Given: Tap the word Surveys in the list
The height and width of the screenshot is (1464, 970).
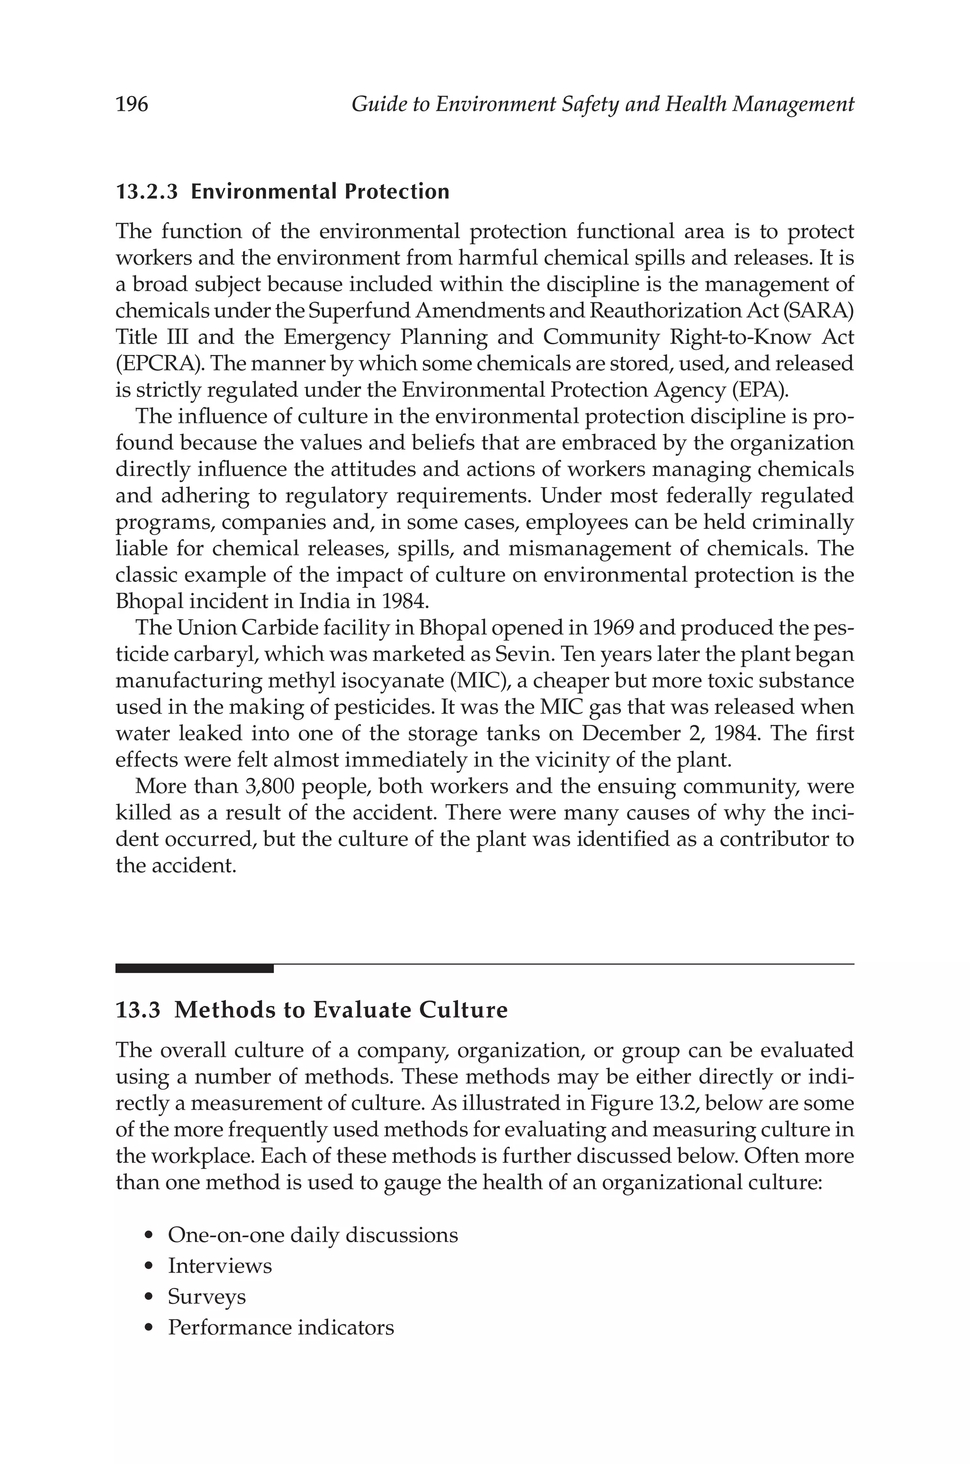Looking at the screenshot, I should pos(207,1296).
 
